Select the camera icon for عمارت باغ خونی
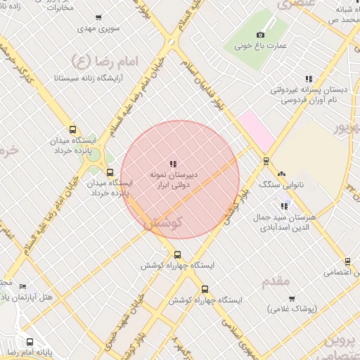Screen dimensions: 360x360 [x=261, y=35]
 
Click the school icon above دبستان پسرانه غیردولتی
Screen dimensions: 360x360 [x=308, y=79]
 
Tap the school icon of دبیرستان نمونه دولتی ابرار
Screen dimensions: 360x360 [x=173, y=164]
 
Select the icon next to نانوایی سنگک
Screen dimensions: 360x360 [x=282, y=173]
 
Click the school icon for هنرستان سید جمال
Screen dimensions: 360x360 [x=284, y=206]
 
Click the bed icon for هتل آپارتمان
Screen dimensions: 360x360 [x=23, y=287]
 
